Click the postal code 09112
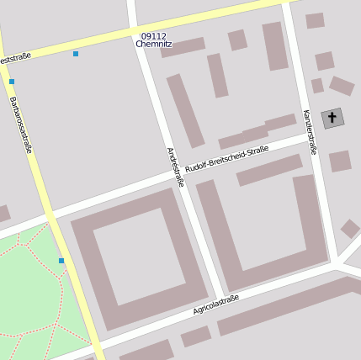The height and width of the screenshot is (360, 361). (x=154, y=36)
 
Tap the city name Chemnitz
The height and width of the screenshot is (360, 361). (x=154, y=45)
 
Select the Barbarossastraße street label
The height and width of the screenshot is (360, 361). (x=20, y=124)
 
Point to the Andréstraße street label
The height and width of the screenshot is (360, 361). (x=175, y=167)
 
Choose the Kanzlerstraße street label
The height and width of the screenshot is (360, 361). (x=310, y=131)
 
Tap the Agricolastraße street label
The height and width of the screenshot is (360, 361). (x=216, y=304)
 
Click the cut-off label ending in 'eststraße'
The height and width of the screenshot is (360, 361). (x=15, y=59)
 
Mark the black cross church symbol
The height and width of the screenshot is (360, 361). (x=332, y=118)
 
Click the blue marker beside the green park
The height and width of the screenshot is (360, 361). (x=61, y=261)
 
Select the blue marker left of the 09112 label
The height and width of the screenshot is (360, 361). (x=76, y=54)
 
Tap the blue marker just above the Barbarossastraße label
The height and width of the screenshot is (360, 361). (x=12, y=82)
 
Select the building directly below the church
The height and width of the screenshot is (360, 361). (x=340, y=161)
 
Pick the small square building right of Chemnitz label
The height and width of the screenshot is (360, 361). (x=237, y=40)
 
